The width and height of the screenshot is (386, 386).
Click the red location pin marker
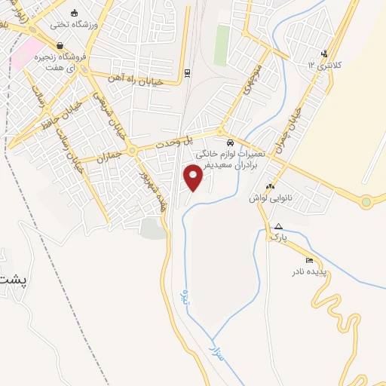point(194,177)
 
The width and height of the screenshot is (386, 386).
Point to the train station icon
point(187,73)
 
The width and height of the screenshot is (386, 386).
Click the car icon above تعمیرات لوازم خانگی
point(229,142)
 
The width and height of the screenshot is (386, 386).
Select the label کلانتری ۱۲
point(326,65)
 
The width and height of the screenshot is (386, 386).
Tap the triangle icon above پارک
point(279,226)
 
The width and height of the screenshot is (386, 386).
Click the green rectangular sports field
point(222,45)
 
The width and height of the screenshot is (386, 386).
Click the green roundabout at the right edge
point(366,201)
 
